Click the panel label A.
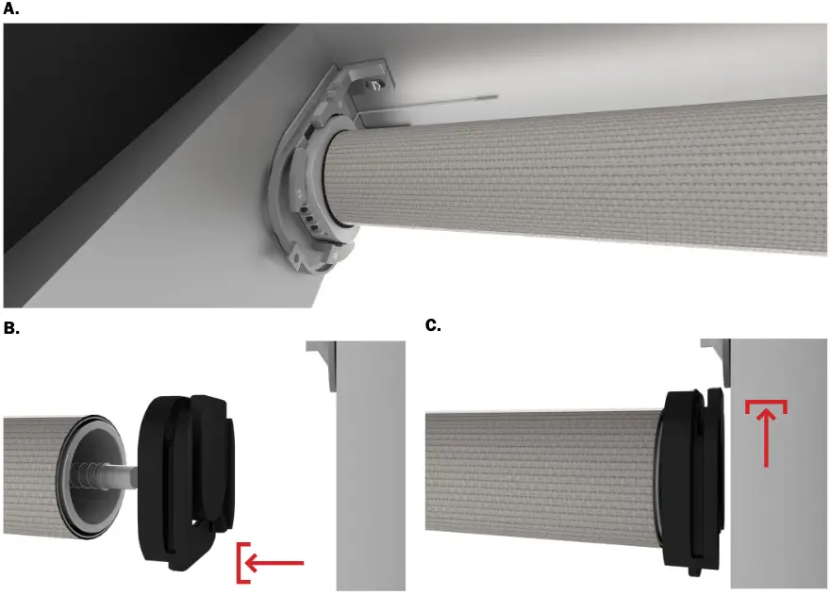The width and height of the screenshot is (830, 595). [x=12, y=10]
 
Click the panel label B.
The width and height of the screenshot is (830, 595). [x=11, y=329]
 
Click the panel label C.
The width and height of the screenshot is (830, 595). [x=433, y=326]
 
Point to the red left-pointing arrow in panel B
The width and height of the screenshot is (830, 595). [x=271, y=564]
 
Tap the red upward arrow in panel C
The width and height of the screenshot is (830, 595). [x=766, y=434]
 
